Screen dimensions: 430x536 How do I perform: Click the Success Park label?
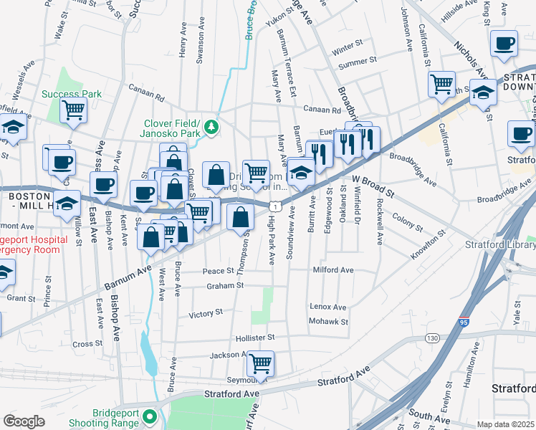72,94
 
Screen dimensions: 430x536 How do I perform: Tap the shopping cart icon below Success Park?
73,111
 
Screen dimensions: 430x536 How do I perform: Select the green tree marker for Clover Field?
211,127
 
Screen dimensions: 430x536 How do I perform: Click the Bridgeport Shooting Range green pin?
149,416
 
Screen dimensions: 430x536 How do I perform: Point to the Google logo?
24,421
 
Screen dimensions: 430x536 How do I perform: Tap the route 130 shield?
431,338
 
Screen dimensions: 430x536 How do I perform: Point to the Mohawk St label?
329,322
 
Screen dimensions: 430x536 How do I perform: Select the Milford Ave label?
333,270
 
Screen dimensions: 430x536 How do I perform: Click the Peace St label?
219,271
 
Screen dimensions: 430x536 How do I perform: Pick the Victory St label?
206,314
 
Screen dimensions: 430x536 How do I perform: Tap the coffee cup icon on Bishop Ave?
105,183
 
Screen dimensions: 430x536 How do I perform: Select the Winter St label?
348,49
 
